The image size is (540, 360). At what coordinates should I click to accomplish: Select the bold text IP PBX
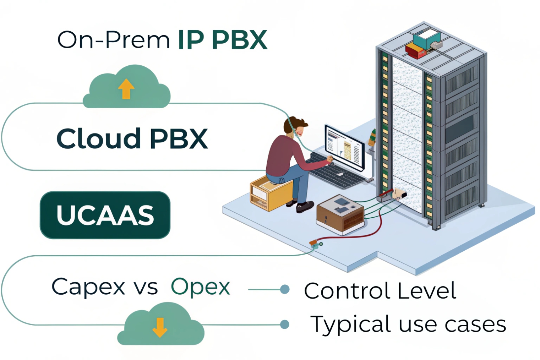(222, 40)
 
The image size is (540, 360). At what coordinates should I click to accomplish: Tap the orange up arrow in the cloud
(126, 89)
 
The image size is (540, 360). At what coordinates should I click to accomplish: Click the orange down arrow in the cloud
(160, 327)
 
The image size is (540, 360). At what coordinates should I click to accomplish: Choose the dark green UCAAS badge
(105, 215)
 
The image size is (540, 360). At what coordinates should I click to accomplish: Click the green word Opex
(201, 287)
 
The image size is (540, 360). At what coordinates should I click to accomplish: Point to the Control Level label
(380, 291)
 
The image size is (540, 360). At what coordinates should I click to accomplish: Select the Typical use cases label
(408, 324)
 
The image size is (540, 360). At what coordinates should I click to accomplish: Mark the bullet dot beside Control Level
(285, 289)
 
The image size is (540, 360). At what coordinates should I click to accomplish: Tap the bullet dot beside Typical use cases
(285, 324)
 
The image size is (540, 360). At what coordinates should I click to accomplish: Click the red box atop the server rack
(415, 51)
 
